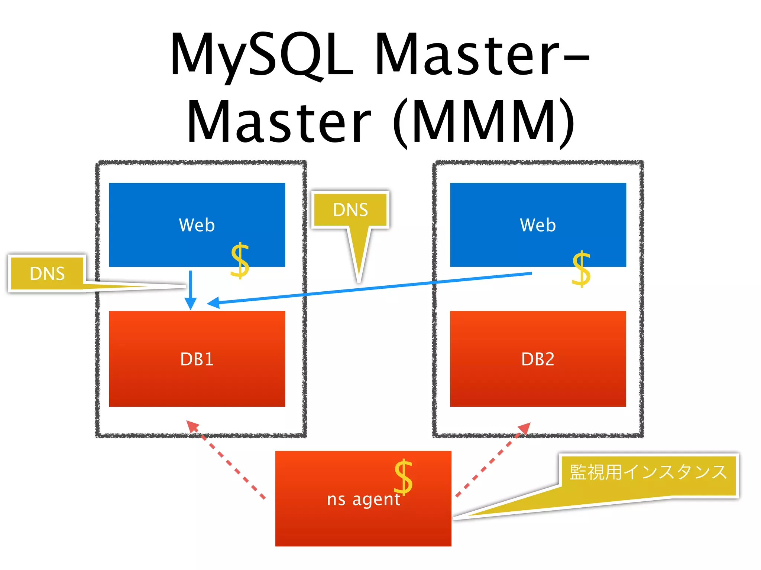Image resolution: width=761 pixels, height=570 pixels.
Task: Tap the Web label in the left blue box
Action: pos(197,225)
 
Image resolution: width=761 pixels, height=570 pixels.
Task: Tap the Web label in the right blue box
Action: pos(538,225)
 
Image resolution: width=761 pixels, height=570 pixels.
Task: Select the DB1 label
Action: pos(197,359)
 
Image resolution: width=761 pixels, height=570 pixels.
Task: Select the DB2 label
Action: pos(538,359)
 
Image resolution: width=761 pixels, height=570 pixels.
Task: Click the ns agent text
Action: pos(363,499)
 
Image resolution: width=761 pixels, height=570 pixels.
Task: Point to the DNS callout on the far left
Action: pos(47,273)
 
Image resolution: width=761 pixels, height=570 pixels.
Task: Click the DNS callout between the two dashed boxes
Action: pos(350,210)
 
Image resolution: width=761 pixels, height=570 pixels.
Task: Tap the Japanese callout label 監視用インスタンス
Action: pos(648,472)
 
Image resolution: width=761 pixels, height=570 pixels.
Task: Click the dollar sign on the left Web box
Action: pos(240,261)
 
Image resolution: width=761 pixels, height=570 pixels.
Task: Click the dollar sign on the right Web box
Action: pos(581,269)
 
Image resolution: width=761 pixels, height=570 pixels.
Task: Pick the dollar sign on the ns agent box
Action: pos(403,477)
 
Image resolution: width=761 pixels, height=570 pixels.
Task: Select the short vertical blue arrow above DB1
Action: pos(191,289)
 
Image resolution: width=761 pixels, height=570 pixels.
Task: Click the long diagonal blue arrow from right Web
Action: pos(372,288)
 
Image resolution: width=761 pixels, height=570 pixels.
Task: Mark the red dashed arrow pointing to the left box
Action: pos(227,460)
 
